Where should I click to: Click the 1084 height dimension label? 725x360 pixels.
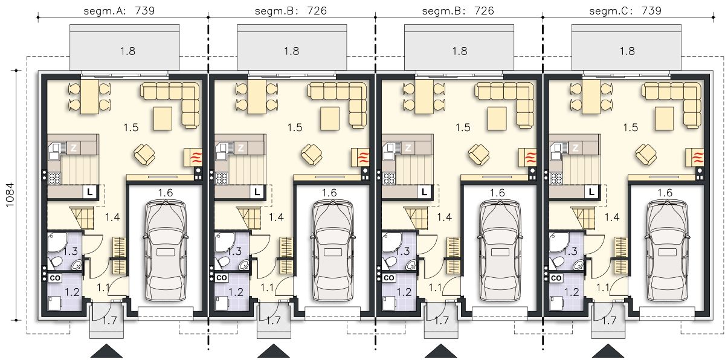point(10,195)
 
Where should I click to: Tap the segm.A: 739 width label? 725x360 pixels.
point(119,11)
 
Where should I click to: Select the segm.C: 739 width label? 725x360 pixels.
point(625,11)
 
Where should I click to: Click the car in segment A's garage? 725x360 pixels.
point(165,251)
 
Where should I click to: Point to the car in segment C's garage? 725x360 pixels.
point(667,251)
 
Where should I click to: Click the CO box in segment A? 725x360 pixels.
point(55,278)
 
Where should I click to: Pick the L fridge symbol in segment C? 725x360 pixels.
point(591,192)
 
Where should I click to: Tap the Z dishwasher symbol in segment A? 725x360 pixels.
point(74,148)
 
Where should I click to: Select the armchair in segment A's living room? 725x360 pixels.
point(144,154)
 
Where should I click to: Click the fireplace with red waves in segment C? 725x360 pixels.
point(695,158)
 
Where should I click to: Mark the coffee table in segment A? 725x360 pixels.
point(163,119)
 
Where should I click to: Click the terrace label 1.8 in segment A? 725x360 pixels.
point(127,51)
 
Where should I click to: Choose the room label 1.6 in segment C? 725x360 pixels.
point(665,193)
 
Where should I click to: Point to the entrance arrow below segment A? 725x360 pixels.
point(106,351)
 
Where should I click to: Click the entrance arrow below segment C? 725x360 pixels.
point(608,351)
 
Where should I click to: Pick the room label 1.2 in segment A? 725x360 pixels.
point(72,292)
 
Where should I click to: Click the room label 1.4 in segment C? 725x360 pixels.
point(611,217)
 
